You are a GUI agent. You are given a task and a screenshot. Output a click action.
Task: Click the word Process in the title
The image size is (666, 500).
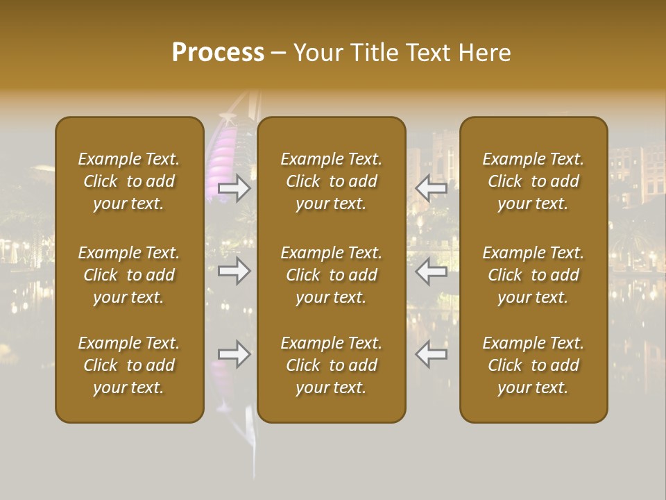pyautogui.click(x=218, y=53)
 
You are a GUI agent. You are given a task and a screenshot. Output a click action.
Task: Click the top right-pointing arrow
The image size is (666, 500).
pyautogui.click(x=234, y=188)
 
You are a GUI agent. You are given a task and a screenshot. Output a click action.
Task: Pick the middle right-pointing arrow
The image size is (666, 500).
pyautogui.click(x=234, y=270)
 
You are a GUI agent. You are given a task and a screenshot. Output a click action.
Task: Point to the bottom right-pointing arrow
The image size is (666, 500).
pyautogui.click(x=234, y=354)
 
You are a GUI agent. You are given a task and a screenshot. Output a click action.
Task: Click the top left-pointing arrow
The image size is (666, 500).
pyautogui.click(x=432, y=188)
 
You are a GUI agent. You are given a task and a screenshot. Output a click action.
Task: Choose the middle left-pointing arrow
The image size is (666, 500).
pyautogui.click(x=432, y=270)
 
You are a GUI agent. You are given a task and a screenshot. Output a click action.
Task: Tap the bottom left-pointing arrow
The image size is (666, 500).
pyautogui.click(x=432, y=354)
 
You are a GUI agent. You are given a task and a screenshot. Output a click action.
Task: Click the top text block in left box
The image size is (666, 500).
pyautogui.click(x=129, y=181)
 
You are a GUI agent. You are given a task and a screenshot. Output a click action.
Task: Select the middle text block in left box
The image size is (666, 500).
pyautogui.click(x=129, y=275)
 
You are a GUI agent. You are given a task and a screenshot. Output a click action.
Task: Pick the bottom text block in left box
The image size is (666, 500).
pyautogui.click(x=129, y=365)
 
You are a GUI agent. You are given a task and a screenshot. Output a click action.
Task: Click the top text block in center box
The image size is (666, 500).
pyautogui.click(x=331, y=181)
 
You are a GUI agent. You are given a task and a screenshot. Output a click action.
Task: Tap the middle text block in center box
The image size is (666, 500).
pyautogui.click(x=331, y=275)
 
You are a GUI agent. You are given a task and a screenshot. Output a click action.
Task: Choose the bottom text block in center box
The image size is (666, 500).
pyautogui.click(x=331, y=365)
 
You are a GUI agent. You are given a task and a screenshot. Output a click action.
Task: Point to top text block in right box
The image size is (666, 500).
pyautogui.click(x=533, y=181)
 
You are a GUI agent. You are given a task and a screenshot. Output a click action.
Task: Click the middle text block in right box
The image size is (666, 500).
pyautogui.click(x=533, y=275)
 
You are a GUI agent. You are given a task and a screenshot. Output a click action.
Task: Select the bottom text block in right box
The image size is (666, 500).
pyautogui.click(x=533, y=365)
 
